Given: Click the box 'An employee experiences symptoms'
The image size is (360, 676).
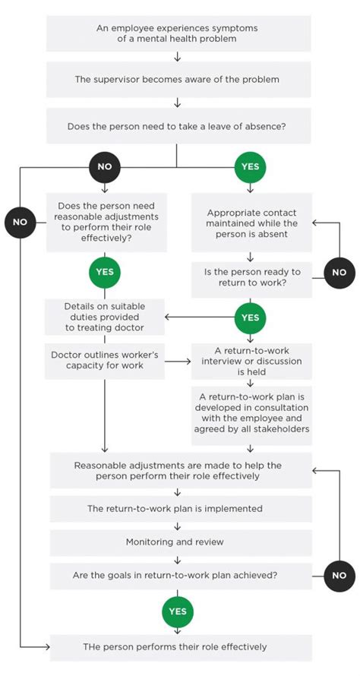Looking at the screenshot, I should tap(177, 33).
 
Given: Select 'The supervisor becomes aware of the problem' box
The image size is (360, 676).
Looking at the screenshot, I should tap(177, 79).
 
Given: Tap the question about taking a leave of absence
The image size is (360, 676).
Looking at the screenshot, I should tap(177, 125).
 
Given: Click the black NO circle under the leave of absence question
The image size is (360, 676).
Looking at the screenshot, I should tap(103, 166).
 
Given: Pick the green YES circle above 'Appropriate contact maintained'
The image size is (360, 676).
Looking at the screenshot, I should tap(250, 166).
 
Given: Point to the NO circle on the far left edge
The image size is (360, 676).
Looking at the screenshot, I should tap(19, 222).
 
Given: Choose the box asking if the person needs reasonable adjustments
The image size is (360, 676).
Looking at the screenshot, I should tap(104, 222).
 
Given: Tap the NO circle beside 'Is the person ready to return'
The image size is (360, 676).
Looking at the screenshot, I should tap(339, 272).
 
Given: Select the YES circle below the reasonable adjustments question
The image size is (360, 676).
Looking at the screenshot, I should tap(103, 271).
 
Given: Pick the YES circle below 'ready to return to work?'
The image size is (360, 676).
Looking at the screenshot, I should tap(250, 317).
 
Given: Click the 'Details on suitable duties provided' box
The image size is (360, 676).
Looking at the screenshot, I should tap(104, 317).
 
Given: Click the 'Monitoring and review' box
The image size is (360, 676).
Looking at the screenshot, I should tap(181, 542).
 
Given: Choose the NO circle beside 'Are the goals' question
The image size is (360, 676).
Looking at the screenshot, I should tap(339, 575).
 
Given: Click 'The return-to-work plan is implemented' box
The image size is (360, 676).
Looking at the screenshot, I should tap(181, 508).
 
